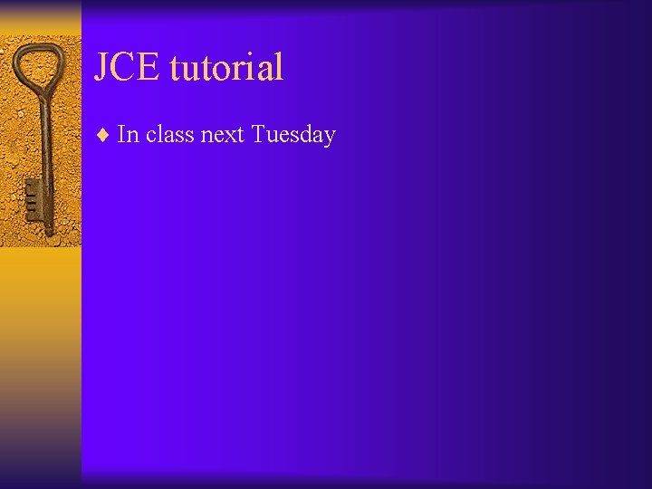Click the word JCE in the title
(128, 68)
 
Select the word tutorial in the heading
(226, 68)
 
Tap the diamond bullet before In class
(103, 136)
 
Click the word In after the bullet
(128, 135)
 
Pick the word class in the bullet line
(169, 135)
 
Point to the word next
(221, 136)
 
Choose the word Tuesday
(293, 136)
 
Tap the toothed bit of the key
(33, 199)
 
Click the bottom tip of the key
(49, 235)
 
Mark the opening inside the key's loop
(37, 65)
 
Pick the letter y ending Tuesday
(330, 138)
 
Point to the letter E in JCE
(149, 68)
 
